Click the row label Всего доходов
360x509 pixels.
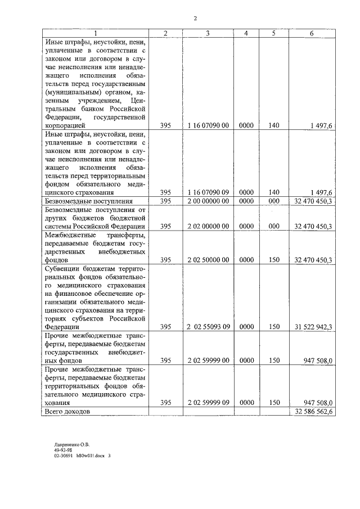pos(66,412)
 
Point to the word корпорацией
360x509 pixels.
pos(65,127)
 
